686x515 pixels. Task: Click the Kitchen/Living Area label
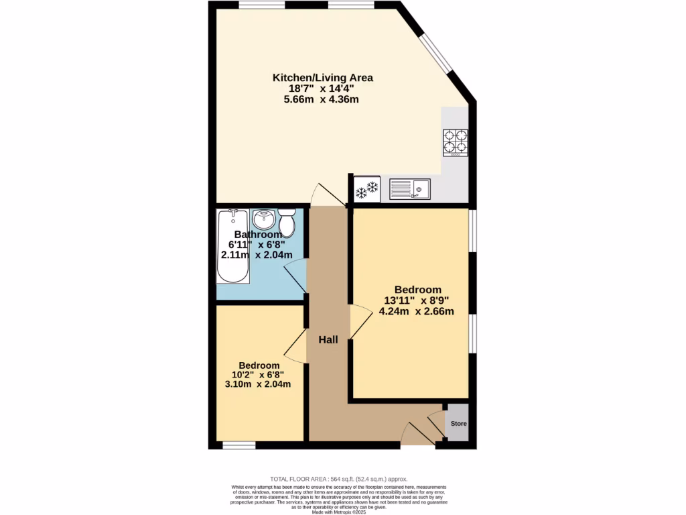point(322,78)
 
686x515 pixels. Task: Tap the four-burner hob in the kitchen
point(456,142)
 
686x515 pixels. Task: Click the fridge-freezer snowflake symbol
point(366,189)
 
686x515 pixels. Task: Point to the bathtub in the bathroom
point(232,247)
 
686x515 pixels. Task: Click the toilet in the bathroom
point(287,223)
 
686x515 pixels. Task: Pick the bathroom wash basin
point(264,219)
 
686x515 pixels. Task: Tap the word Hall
point(328,340)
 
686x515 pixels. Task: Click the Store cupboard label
point(458,424)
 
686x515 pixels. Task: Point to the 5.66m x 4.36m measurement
point(322,99)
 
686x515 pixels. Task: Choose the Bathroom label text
point(258,235)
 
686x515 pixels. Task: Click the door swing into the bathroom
point(295,276)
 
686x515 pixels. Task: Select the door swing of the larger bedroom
point(360,321)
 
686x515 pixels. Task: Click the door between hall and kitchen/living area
point(328,195)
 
